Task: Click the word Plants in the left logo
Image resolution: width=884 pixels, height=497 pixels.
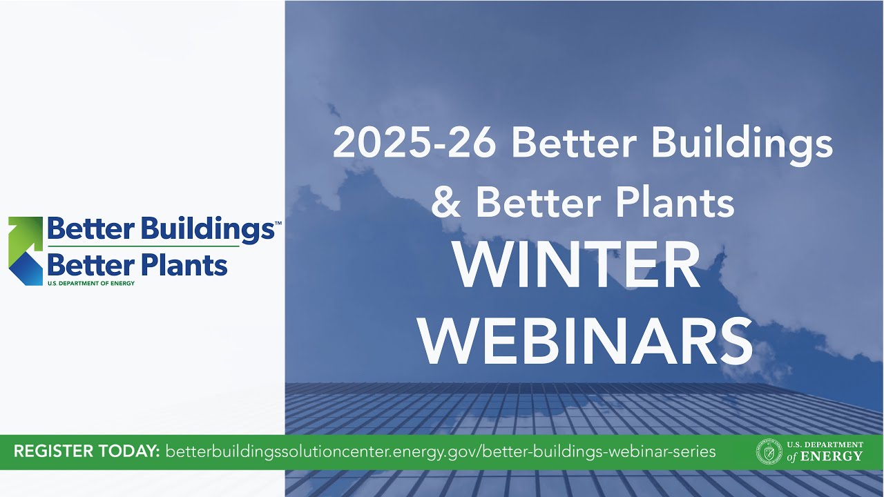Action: click(184, 265)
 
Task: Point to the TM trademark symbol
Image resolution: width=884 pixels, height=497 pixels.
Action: click(278, 224)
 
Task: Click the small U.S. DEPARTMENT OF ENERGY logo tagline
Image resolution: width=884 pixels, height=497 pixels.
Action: click(90, 283)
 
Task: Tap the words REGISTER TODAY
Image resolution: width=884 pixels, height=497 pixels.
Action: click(87, 452)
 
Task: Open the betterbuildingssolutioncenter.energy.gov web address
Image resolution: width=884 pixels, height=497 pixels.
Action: click(441, 452)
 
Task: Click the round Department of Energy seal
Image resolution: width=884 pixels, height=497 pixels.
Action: click(769, 452)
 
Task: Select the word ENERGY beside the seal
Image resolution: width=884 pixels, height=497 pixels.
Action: click(838, 456)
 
